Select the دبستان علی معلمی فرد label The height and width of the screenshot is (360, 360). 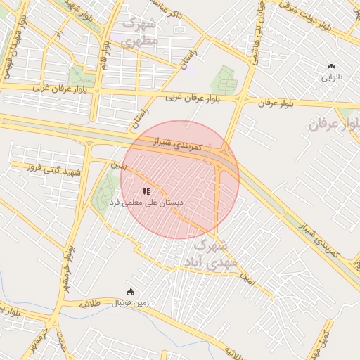click(x=146, y=202)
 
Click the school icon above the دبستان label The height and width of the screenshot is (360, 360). click(x=146, y=191)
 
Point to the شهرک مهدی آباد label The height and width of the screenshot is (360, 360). click(x=207, y=254)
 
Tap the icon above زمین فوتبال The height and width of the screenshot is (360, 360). click(x=129, y=292)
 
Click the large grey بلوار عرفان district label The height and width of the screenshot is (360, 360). click(x=335, y=125)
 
